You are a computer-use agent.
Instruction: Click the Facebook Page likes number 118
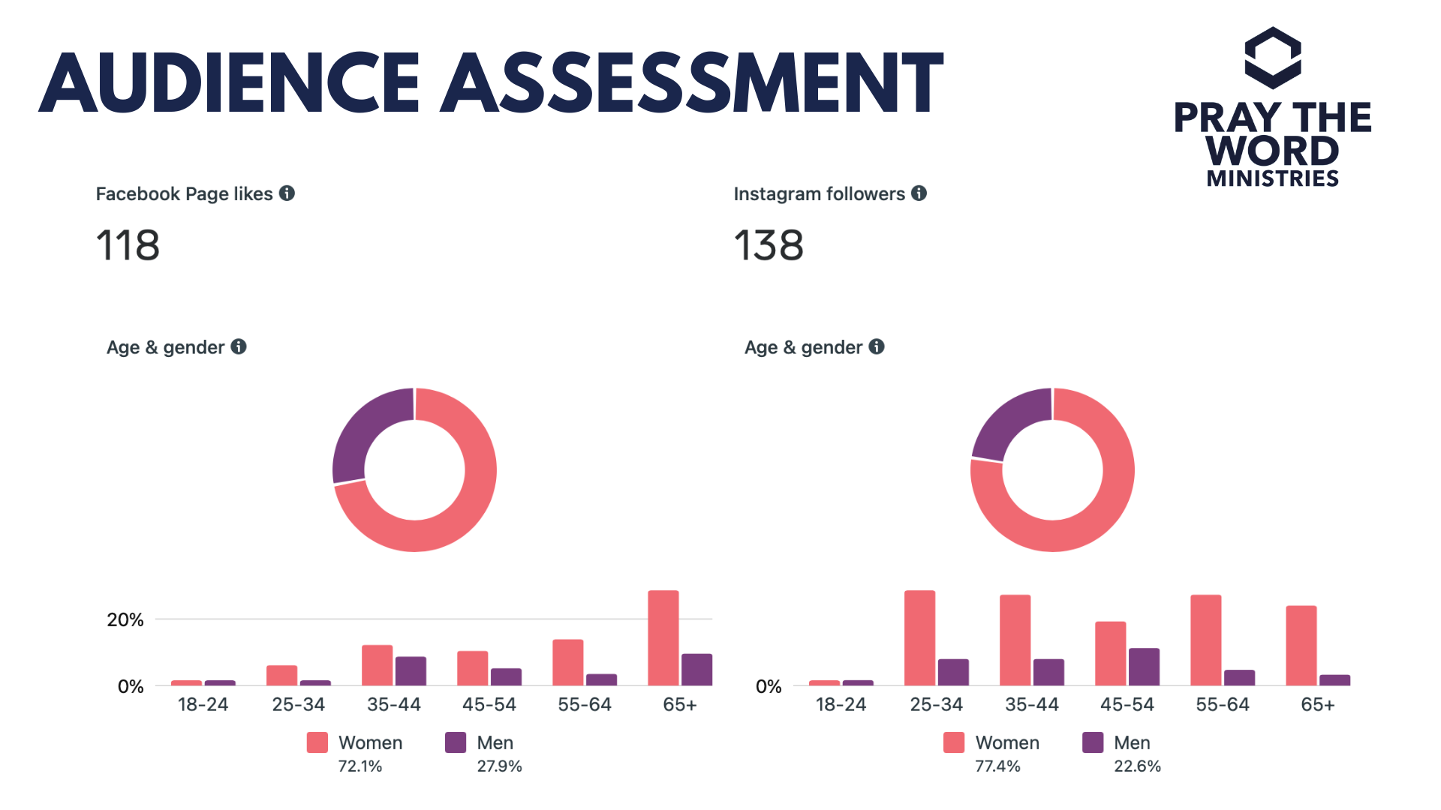(x=128, y=246)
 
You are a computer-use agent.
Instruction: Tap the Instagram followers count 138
(x=769, y=246)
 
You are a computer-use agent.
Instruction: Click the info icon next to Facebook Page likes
(x=287, y=193)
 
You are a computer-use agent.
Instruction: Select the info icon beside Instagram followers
(x=919, y=193)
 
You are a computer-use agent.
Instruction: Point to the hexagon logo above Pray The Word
(x=1273, y=58)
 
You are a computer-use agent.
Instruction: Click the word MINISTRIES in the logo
(x=1273, y=178)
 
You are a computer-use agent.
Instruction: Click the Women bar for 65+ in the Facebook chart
(x=663, y=637)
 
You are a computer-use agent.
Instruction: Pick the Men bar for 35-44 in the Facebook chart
(x=411, y=670)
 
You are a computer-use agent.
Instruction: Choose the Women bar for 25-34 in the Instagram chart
(x=919, y=637)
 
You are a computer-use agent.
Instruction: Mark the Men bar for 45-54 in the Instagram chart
(x=1144, y=666)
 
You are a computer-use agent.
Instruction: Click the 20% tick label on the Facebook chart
(x=125, y=619)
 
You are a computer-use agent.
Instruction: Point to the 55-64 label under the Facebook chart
(x=585, y=705)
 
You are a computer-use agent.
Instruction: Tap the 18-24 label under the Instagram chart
(x=841, y=705)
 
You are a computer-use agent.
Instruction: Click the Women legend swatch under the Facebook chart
(x=317, y=742)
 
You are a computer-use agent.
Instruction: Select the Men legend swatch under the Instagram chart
(x=1093, y=742)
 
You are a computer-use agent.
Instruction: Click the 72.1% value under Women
(x=360, y=766)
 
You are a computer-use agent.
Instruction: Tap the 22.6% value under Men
(x=1137, y=766)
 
